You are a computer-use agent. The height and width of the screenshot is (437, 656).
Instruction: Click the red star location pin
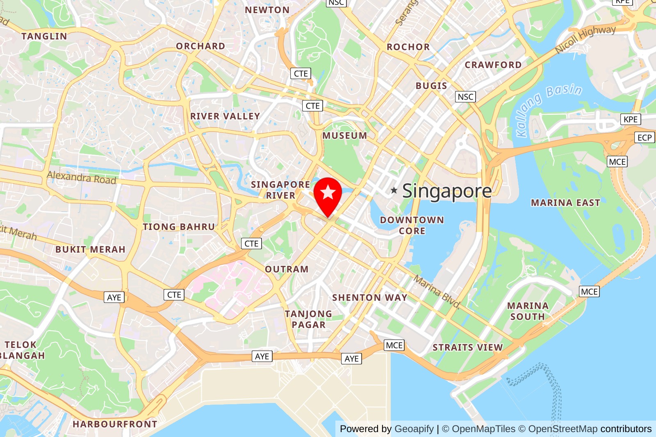coord(328,194)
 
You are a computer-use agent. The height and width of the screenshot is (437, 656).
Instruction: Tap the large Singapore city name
coord(447,191)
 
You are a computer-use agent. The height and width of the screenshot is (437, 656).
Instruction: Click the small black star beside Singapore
coord(394,190)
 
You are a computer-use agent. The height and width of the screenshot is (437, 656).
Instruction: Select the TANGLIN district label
coord(44,36)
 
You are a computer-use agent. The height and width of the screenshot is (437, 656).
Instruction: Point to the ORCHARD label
coord(200,46)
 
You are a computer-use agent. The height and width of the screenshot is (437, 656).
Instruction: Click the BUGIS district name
coord(431,86)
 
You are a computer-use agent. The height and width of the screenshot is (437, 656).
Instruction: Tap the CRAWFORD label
coord(493,65)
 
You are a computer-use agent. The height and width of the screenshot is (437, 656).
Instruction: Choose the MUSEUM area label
coord(344,136)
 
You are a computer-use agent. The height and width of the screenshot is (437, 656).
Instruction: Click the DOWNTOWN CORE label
coord(412,225)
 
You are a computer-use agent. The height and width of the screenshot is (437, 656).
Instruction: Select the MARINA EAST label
coord(565,203)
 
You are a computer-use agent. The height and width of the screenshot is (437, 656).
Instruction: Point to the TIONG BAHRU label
coord(179,227)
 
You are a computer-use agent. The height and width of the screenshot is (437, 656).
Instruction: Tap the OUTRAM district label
coord(287,269)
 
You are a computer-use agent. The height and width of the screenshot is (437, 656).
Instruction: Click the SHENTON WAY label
coord(369,298)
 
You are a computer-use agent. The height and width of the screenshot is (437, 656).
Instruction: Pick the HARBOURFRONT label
coord(115,424)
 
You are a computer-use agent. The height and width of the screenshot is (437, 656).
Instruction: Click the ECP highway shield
coord(644,138)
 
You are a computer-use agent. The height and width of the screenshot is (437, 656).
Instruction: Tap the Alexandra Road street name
coord(81,178)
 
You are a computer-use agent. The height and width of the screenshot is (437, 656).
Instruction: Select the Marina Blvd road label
coord(437,291)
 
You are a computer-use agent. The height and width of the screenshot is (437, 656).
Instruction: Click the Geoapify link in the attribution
coord(414,429)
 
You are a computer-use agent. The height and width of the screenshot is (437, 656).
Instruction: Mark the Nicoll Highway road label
coord(585,39)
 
